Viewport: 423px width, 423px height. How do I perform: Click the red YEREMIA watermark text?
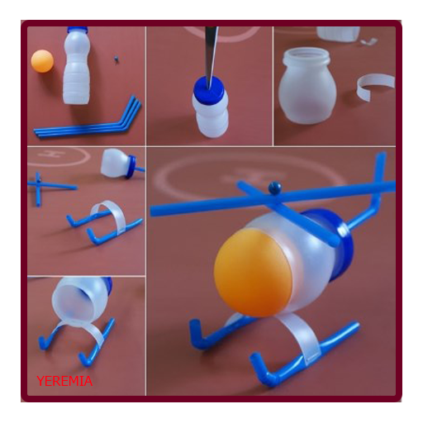64,381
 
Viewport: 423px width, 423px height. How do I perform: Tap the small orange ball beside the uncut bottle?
42,61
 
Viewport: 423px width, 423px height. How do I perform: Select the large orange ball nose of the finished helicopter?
253,273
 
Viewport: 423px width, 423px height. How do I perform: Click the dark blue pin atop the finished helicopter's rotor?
275,188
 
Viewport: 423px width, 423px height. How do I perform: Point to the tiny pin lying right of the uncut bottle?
116,59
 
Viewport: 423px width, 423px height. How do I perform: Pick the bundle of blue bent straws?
88,121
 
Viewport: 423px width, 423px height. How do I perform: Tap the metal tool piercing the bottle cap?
211,56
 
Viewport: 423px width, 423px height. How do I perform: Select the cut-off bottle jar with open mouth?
307,85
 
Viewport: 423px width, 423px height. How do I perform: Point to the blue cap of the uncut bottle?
78,29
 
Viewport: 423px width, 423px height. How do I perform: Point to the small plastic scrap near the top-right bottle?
368,41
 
